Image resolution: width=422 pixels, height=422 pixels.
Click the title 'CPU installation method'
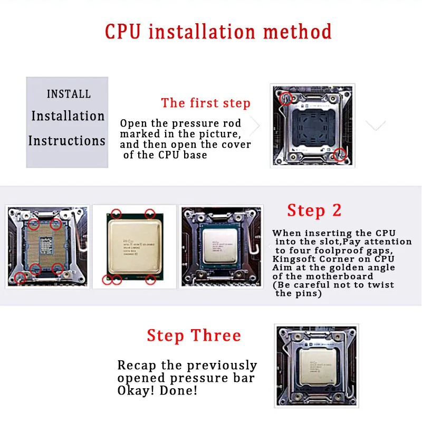218,31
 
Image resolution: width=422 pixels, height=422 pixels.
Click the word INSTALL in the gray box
69,94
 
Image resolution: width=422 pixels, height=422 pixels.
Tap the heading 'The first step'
206,103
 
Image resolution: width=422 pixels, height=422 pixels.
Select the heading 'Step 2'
314,210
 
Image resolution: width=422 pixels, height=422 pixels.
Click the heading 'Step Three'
194,335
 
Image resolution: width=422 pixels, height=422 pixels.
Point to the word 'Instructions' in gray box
67,141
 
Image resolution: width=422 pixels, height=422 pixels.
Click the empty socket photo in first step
311,126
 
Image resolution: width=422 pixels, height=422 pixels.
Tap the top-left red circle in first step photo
285,98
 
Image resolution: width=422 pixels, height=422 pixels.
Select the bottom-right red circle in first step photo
340,154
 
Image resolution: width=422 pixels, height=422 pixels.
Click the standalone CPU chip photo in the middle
134,246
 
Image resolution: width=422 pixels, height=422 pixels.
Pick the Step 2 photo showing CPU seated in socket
222,246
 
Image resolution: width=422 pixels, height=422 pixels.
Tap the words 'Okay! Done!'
158,391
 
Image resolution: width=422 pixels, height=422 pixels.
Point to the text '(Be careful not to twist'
333,285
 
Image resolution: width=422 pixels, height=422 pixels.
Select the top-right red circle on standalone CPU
150,214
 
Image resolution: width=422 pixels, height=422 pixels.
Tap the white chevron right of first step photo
376,126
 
